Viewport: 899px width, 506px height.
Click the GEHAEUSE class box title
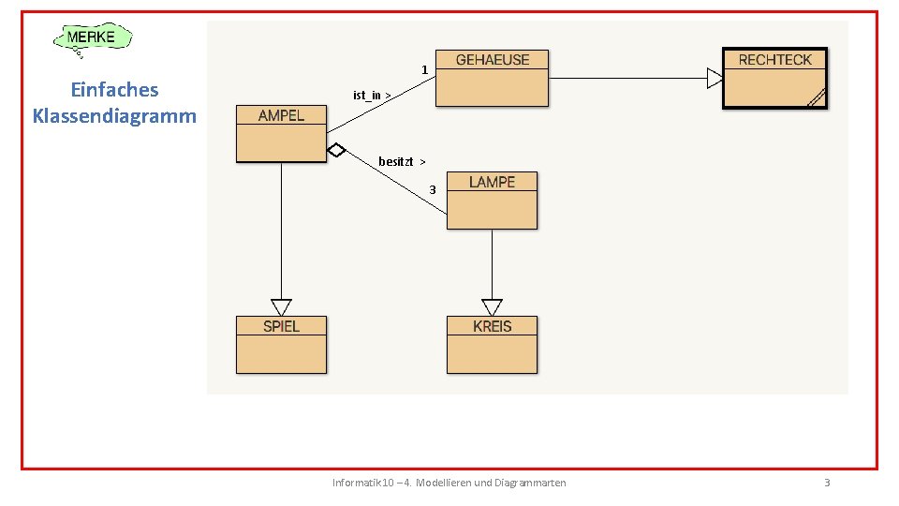click(492, 60)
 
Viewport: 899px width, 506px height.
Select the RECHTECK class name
click(774, 60)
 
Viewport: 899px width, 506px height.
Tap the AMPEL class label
click(281, 115)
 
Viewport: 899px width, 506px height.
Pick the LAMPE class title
click(492, 182)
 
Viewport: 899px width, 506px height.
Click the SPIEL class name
click(281, 326)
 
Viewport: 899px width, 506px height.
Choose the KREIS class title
click(492, 326)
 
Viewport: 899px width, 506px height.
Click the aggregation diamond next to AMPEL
click(336, 150)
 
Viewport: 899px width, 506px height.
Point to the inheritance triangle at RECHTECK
click(715, 79)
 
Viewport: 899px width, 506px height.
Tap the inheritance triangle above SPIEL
click(281, 307)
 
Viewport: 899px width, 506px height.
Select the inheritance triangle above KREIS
click(492, 307)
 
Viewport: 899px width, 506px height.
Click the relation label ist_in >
click(372, 95)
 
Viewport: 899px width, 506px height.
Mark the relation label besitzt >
click(402, 161)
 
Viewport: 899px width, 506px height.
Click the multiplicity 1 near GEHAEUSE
click(424, 70)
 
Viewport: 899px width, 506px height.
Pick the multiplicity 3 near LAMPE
click(432, 190)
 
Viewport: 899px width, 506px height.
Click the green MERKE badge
click(93, 38)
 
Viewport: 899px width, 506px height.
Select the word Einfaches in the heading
click(114, 90)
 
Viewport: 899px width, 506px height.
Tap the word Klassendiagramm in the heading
click(114, 116)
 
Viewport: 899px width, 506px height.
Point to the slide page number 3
click(826, 483)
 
